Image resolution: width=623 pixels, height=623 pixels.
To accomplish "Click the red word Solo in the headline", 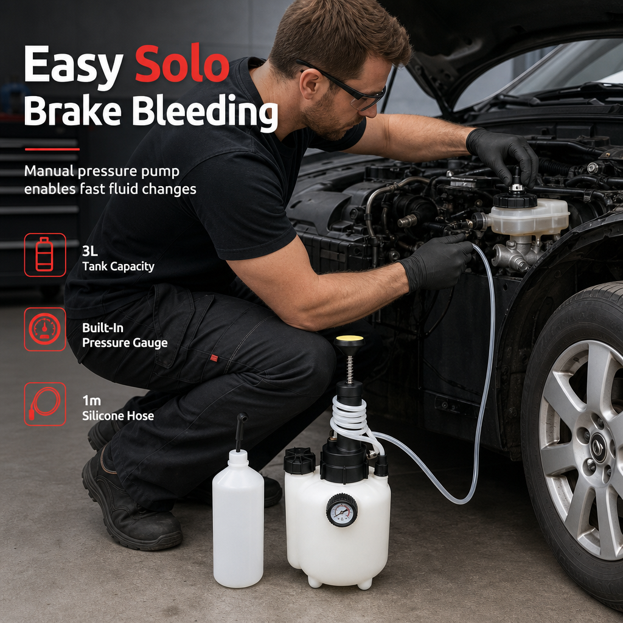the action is (x=182, y=64).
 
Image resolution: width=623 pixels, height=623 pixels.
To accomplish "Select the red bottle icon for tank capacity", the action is (x=45, y=255).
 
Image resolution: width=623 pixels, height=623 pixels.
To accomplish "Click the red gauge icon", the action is (x=45, y=329).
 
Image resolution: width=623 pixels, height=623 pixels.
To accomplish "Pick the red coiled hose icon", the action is (x=45, y=404).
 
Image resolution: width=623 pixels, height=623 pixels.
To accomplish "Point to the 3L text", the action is (x=90, y=251).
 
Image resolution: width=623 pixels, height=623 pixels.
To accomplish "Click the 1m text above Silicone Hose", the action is (x=91, y=400).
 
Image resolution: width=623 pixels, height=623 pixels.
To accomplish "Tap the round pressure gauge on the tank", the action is (x=342, y=510).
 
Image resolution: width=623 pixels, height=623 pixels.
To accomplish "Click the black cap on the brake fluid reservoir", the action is (x=515, y=199).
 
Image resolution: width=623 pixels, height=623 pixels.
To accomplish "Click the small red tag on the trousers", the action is (x=214, y=358).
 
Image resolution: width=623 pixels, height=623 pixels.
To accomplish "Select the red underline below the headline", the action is (x=52, y=150).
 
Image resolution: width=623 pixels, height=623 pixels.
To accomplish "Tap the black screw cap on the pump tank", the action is (x=299, y=461).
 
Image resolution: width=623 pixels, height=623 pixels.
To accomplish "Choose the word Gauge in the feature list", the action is (x=153, y=343).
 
